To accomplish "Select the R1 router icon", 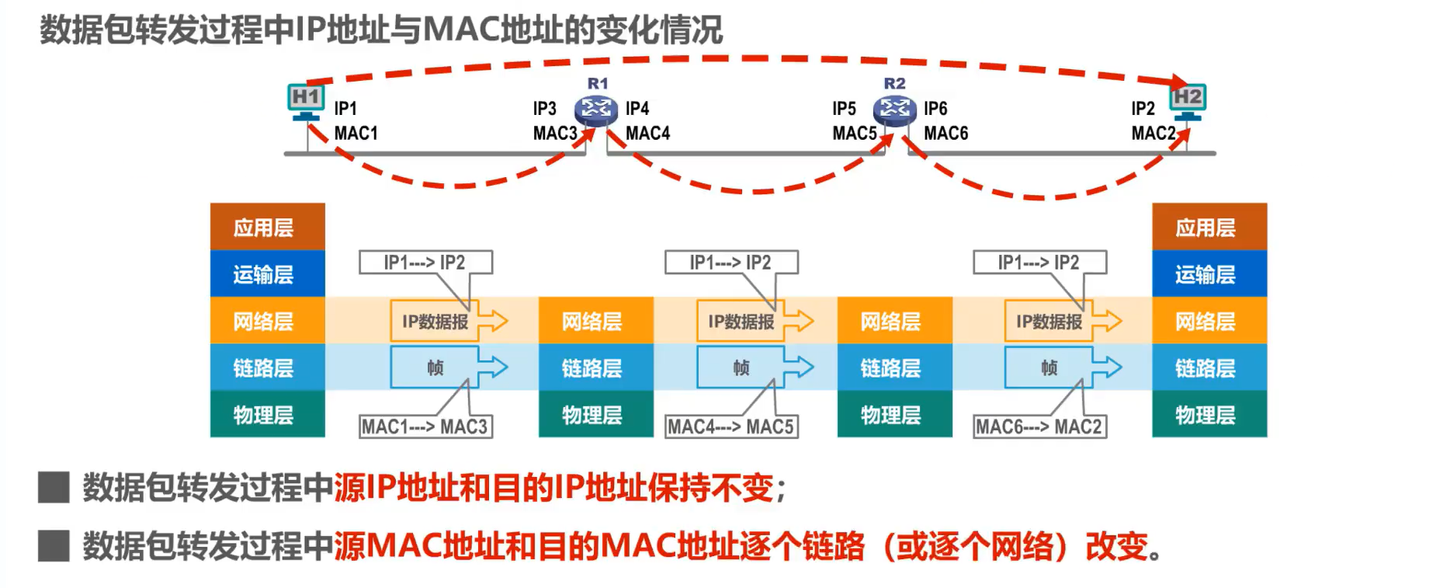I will click(x=595, y=110).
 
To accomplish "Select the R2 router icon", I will click(x=894, y=110).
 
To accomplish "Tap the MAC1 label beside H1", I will click(x=356, y=134).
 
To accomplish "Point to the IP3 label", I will click(x=544, y=109).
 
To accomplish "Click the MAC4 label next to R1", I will click(x=647, y=134).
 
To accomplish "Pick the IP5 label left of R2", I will click(x=844, y=109).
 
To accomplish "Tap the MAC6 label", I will click(x=946, y=134).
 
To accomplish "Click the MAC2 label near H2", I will click(x=1154, y=134).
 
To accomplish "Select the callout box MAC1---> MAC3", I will click(x=425, y=426).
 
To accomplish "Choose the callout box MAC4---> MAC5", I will click(x=730, y=426).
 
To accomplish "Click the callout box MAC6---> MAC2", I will click(x=1039, y=426).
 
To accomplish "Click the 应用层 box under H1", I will click(x=267, y=227).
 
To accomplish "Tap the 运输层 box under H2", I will click(x=1209, y=273).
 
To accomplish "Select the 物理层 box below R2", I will click(x=894, y=414).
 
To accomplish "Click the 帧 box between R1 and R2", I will click(x=741, y=367).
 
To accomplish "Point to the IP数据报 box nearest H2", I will click(x=1049, y=321).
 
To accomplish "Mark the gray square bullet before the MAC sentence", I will click(x=54, y=546).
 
